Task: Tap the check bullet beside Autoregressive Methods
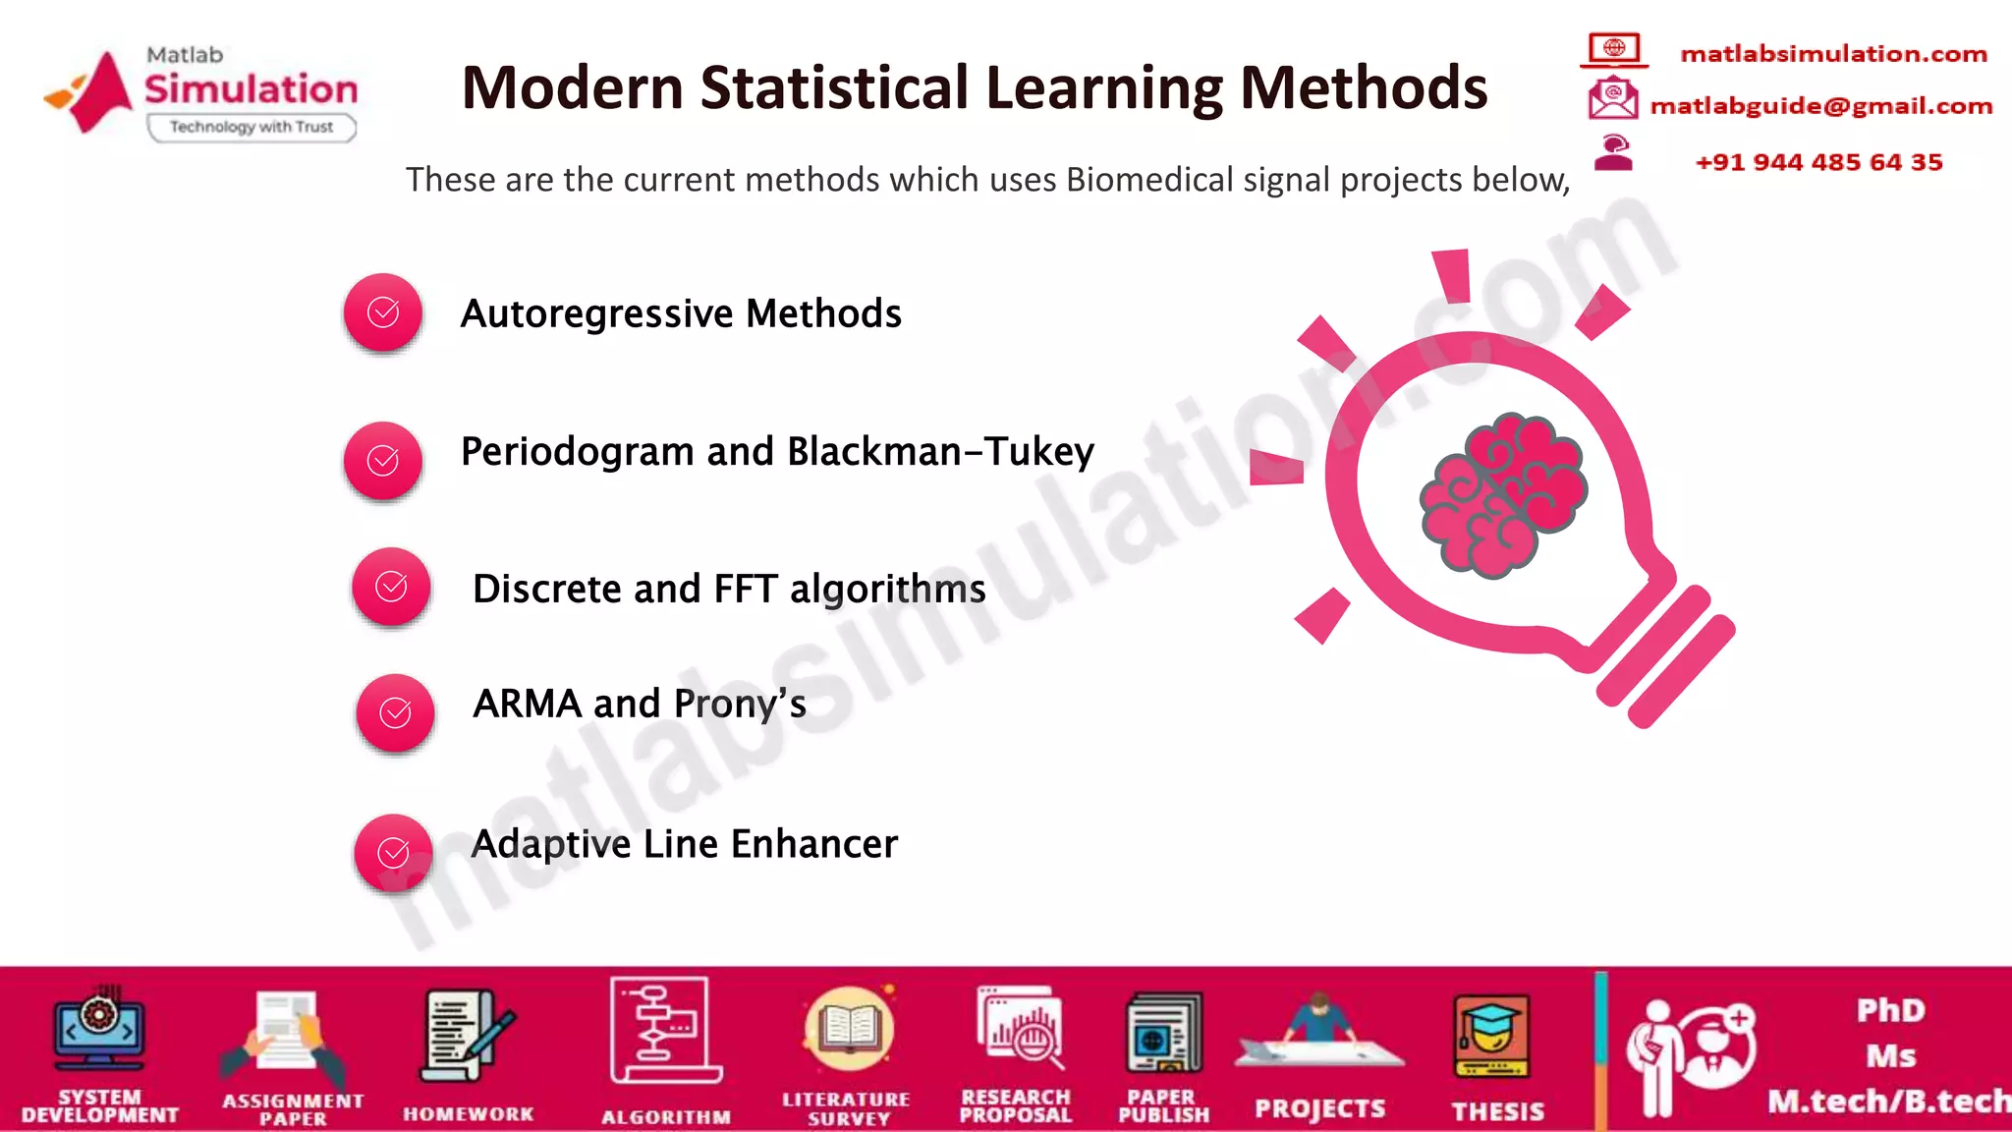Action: [383, 312]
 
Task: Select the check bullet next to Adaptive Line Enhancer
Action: [393, 852]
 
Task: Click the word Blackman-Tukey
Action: [940, 452]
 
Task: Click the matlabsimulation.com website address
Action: [1833, 54]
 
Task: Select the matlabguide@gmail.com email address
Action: [1820, 106]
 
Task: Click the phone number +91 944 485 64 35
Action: [1818, 162]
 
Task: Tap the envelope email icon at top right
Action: [1612, 98]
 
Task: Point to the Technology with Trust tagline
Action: [251, 127]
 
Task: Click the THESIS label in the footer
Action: [1497, 1111]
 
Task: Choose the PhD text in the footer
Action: [1890, 1011]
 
